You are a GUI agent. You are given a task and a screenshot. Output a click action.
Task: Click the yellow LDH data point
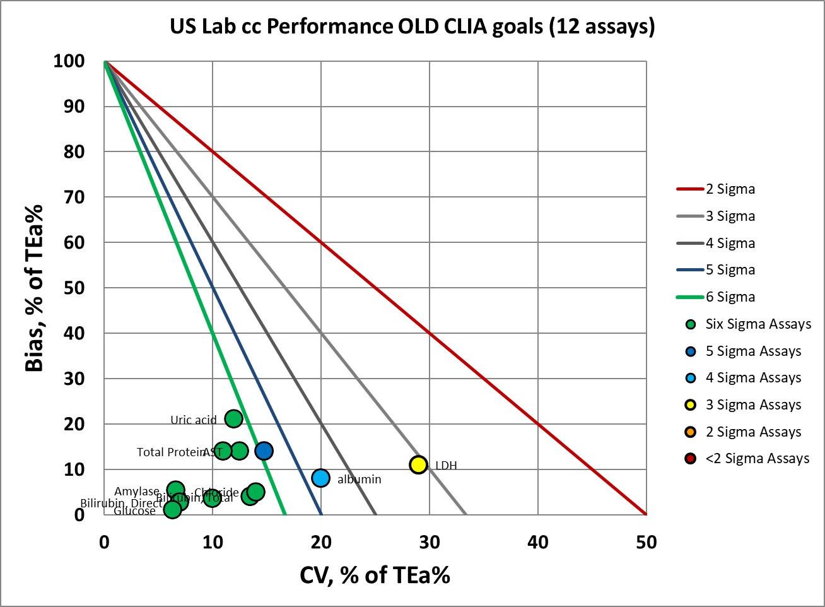(x=419, y=464)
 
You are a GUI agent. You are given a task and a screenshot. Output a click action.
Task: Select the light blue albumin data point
(x=321, y=478)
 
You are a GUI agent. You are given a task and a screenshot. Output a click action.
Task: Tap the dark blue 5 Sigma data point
(x=264, y=451)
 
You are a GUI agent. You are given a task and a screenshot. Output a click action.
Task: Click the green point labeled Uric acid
(x=233, y=418)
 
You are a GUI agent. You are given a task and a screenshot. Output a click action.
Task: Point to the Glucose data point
(x=172, y=509)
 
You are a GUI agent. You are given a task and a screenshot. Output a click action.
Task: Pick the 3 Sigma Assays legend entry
(x=752, y=405)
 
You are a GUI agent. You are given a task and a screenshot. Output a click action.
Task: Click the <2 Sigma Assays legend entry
(x=756, y=459)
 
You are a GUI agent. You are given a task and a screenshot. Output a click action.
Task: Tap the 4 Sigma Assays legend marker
(x=691, y=378)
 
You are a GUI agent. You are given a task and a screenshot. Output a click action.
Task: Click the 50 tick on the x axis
(x=647, y=542)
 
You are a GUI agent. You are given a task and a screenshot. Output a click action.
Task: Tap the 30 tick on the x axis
(x=430, y=542)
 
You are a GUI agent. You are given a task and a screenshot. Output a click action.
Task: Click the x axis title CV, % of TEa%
(x=375, y=575)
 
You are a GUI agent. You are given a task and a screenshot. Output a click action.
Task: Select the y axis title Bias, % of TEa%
(x=35, y=288)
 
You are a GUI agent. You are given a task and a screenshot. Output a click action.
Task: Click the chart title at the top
(x=412, y=27)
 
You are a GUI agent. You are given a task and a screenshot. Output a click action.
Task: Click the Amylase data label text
(x=137, y=492)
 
